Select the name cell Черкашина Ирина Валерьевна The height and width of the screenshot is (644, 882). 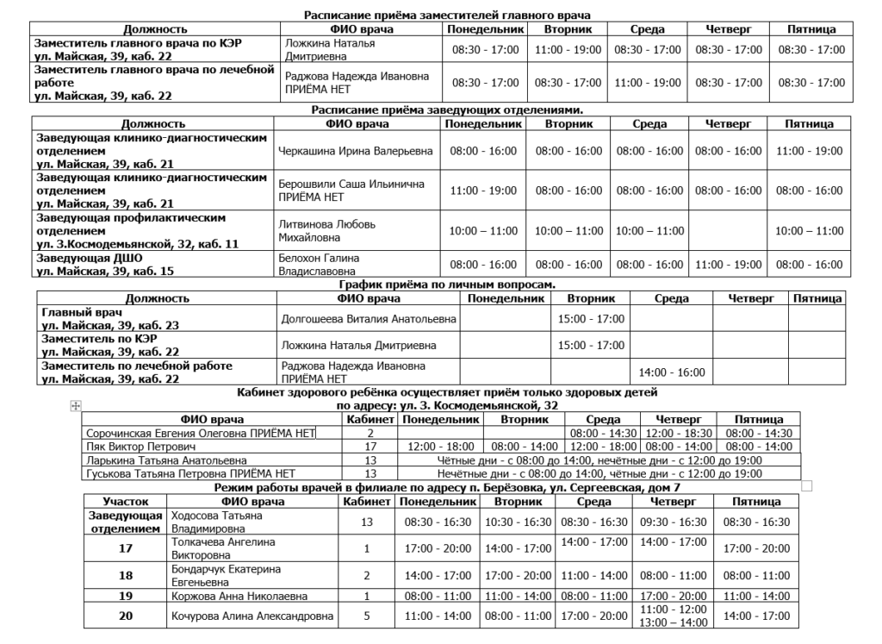click(x=357, y=151)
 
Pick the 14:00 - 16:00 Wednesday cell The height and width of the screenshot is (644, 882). click(x=671, y=372)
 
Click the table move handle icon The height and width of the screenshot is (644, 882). click(x=76, y=406)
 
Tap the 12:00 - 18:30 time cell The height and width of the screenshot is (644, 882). click(x=676, y=433)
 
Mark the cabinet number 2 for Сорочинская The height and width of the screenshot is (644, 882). click(x=370, y=433)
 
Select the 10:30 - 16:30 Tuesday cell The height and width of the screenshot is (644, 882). click(x=518, y=522)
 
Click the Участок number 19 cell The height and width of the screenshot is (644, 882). click(x=126, y=595)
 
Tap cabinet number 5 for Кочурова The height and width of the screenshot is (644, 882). click(x=367, y=616)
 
